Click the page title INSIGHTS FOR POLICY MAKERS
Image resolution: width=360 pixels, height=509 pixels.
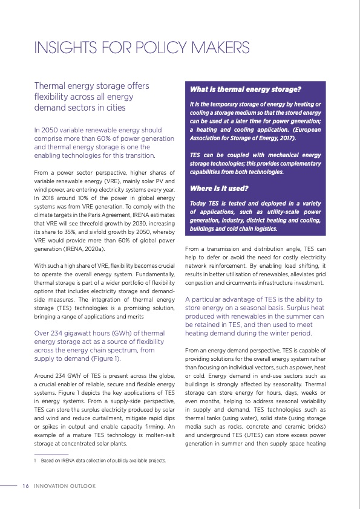coord(142,48)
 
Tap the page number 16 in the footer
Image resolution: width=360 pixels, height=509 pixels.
coord(25,485)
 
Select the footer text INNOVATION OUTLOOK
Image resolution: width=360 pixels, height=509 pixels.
coord(65,485)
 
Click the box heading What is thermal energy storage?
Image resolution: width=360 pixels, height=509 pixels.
coord(246,89)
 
